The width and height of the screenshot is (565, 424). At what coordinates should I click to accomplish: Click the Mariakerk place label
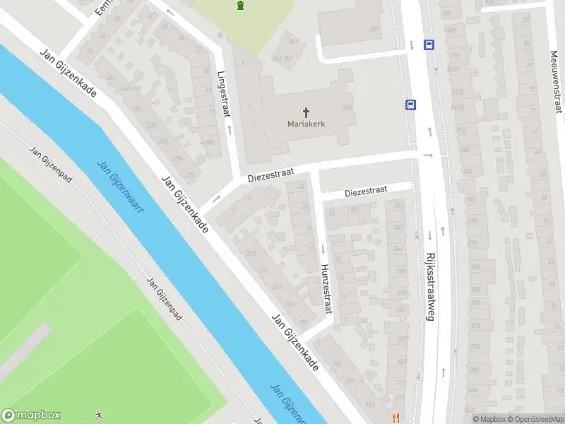pyautogui.click(x=306, y=124)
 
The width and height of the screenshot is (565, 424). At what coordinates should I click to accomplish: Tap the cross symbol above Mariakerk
pyautogui.click(x=306, y=112)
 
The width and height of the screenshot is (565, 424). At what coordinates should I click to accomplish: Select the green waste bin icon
pyautogui.click(x=241, y=6)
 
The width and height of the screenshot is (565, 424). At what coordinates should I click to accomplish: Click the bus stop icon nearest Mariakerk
pyautogui.click(x=410, y=105)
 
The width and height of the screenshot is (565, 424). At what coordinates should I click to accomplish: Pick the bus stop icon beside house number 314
pyautogui.click(x=428, y=45)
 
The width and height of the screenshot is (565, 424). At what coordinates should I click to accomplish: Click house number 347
pyautogui.click(x=398, y=228)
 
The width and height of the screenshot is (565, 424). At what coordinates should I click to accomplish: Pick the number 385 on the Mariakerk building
pyautogui.click(x=347, y=107)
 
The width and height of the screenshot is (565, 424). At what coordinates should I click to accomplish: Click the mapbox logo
pyautogui.click(x=32, y=416)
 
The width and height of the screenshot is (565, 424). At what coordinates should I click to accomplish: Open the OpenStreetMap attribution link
pyautogui.click(x=534, y=419)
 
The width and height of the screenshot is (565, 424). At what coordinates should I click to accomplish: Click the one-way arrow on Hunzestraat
pyautogui.click(x=323, y=249)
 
